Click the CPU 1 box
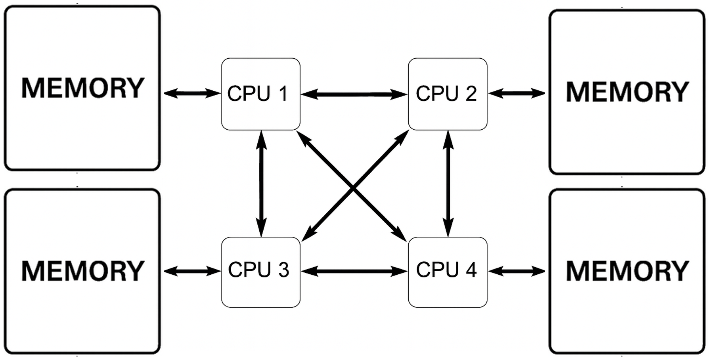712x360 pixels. (x=260, y=94)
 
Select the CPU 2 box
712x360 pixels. (x=447, y=94)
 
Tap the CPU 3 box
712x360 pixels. (x=260, y=272)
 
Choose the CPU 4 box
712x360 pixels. (x=447, y=272)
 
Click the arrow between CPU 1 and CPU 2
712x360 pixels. (x=354, y=94)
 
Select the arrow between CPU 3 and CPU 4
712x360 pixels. (x=354, y=271)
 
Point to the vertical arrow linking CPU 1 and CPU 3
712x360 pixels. (x=261, y=183)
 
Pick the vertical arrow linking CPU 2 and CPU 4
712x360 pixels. (x=448, y=183)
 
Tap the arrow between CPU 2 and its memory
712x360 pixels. (x=517, y=94)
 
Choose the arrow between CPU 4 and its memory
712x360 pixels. (x=517, y=271)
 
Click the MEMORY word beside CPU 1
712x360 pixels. (x=82, y=88)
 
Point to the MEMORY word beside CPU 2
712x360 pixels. (x=627, y=92)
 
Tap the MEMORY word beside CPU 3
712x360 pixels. (x=82, y=271)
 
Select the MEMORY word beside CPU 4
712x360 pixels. (x=627, y=271)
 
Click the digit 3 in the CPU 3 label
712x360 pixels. (x=283, y=270)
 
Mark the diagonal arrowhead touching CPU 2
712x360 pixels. (x=403, y=136)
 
